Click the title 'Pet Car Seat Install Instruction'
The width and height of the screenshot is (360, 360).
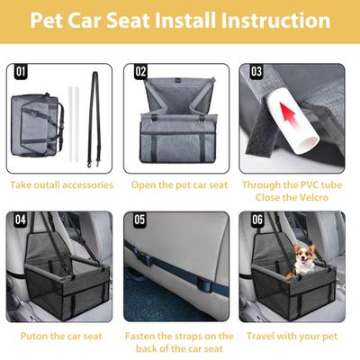tap(180, 20)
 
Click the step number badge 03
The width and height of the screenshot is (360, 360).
tap(256, 71)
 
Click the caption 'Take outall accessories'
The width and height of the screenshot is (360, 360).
tap(61, 184)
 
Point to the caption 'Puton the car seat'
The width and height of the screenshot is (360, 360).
tap(61, 336)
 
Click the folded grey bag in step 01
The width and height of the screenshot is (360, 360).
tap(40, 126)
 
